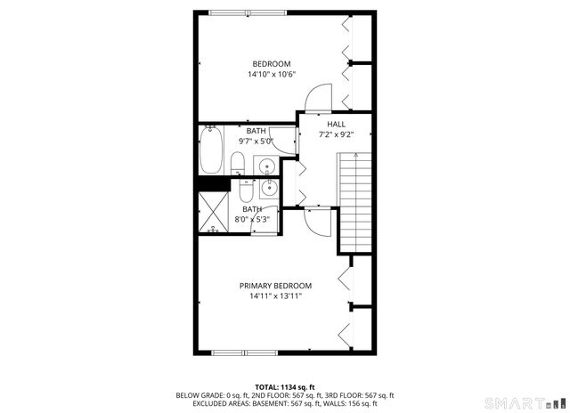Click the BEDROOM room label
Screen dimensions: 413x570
click(272, 63)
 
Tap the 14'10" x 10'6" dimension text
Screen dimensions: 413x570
click(272, 75)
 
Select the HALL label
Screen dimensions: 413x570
click(336, 125)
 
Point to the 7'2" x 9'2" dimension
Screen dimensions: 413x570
click(336, 135)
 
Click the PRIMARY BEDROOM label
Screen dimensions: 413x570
click(275, 286)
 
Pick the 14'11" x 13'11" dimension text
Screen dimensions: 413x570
click(275, 296)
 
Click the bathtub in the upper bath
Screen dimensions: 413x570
click(211, 150)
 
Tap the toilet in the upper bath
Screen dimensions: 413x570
click(238, 164)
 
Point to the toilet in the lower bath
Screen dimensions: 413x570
click(244, 189)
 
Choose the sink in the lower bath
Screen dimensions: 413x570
click(268, 187)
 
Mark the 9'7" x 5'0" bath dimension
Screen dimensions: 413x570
click(256, 141)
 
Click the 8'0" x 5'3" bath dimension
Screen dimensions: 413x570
click(252, 220)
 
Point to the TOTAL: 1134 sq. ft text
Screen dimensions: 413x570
click(284, 387)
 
